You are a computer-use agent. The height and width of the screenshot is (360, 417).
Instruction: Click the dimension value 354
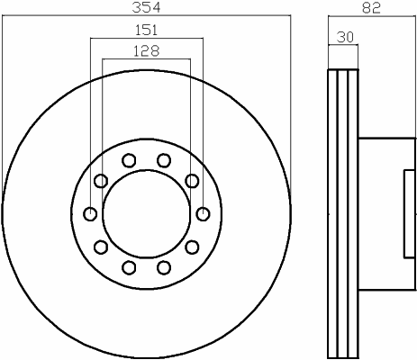point(146,7)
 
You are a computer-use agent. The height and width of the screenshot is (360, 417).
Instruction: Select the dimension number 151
point(146,30)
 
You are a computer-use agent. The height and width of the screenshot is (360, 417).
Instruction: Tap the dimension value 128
point(146,51)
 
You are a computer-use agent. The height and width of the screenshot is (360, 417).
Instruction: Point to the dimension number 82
point(371,8)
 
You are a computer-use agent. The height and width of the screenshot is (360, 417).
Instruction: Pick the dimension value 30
point(345,37)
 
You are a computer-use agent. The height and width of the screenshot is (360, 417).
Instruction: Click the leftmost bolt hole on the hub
point(90,214)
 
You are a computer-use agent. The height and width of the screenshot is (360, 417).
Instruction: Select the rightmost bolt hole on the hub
point(204,214)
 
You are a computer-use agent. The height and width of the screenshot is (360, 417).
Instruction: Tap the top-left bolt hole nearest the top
point(129,160)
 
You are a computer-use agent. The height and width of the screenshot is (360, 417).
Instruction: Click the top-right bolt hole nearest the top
point(164,160)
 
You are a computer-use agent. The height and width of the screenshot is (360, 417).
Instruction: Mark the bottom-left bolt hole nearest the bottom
point(129,267)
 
